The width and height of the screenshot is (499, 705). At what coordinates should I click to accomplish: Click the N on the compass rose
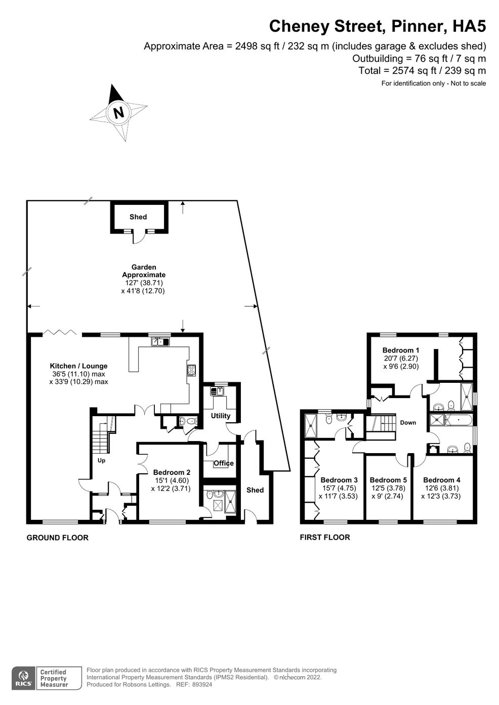(x=118, y=112)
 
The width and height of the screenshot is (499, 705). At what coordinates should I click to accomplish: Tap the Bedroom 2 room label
(x=172, y=472)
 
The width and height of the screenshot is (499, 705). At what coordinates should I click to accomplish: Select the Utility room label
(x=221, y=416)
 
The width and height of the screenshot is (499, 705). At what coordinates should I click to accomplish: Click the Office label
(x=224, y=463)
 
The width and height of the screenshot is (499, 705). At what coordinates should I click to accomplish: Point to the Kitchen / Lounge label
(x=79, y=366)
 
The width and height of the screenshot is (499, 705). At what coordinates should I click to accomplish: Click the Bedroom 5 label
(x=388, y=480)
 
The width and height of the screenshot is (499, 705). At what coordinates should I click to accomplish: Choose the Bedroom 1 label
(x=401, y=350)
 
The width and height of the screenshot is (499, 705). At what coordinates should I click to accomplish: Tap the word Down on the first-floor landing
(x=408, y=423)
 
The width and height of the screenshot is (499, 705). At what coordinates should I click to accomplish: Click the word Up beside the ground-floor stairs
(x=101, y=461)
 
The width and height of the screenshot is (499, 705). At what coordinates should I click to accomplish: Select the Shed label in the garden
(x=138, y=217)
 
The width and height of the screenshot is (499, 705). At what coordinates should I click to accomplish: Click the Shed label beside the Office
(x=255, y=490)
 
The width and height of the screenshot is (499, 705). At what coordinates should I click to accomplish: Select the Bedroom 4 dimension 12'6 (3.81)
(x=441, y=488)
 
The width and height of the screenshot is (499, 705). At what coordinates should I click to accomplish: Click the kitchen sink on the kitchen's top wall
(x=160, y=341)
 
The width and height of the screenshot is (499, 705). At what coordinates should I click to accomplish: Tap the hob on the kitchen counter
(x=191, y=370)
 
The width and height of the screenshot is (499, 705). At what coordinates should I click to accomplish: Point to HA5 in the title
(x=469, y=26)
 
